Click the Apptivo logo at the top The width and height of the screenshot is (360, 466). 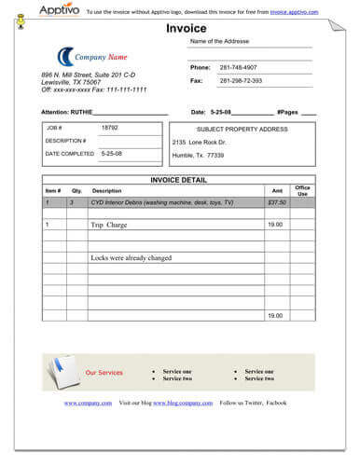[x=59, y=10]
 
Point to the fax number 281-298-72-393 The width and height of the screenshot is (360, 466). [x=242, y=81]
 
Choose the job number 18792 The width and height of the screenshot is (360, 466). [x=110, y=127]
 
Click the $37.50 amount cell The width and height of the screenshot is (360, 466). [x=277, y=202]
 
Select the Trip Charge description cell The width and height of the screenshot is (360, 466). [x=109, y=225]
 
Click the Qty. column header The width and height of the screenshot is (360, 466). [x=76, y=190]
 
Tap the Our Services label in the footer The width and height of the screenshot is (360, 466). [x=104, y=373]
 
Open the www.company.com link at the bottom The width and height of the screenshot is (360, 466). [x=82, y=403]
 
